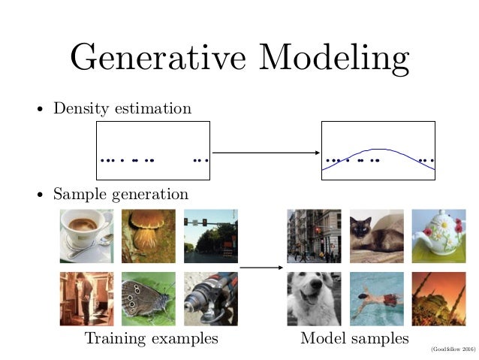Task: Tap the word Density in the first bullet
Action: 79,109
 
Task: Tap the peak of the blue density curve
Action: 379,150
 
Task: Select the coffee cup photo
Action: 86,235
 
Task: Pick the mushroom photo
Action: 148,235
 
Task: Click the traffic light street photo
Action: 210,235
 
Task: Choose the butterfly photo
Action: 148,298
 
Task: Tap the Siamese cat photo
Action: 376,235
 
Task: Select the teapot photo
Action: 438,235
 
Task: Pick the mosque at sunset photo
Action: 438,298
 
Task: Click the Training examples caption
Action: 152,339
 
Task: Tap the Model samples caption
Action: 354,339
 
